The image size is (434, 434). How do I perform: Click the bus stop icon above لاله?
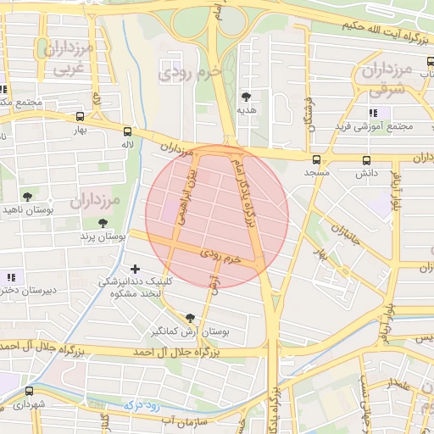[127, 131]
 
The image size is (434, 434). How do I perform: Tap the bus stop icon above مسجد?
[316, 159]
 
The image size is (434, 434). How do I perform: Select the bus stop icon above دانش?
[367, 159]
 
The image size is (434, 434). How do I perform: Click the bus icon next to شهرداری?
[30, 391]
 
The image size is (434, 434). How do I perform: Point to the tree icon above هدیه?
[247, 97]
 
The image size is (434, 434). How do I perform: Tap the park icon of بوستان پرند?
[103, 224]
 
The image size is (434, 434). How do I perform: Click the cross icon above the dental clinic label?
[135, 269]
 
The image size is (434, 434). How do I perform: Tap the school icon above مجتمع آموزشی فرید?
[373, 113]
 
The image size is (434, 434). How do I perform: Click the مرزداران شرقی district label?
[391, 78]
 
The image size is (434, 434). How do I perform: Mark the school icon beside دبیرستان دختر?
[11, 277]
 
